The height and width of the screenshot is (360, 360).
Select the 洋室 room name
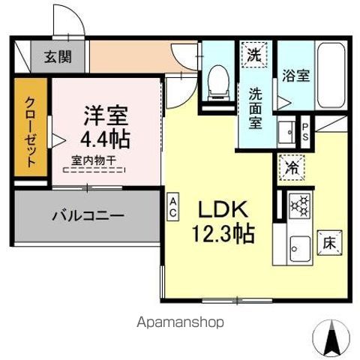pyautogui.click(x=105, y=116)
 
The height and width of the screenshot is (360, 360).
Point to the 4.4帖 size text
pyautogui.click(x=105, y=138)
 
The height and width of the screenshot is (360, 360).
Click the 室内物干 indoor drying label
pyautogui.click(x=94, y=159)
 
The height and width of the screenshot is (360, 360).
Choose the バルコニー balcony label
pyautogui.click(x=88, y=216)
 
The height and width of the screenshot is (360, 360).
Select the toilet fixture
pyautogui.click(x=218, y=82)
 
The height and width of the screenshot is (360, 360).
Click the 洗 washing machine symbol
pyautogui.click(x=255, y=55)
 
